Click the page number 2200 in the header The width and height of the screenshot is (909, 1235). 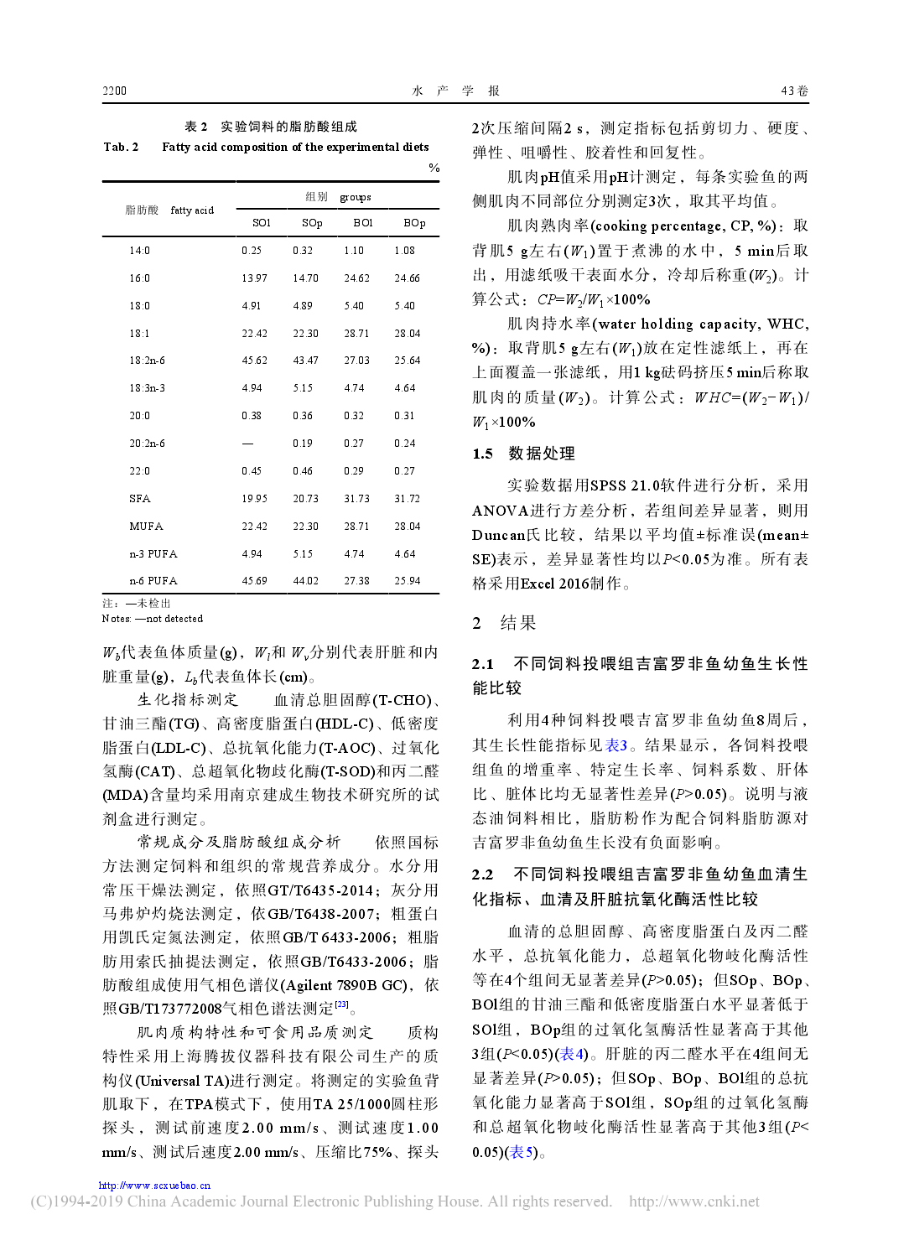pos(115,91)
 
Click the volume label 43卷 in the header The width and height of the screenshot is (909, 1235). pos(794,91)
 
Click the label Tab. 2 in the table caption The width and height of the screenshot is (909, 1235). pos(121,147)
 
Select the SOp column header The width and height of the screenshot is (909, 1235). pos(312,223)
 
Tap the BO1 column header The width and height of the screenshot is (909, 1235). pos(363,223)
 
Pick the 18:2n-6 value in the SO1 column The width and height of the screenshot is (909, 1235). pos(254,361)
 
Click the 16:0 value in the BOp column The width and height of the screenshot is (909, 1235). pos(407,278)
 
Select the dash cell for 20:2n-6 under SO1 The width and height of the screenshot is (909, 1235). pos(247,444)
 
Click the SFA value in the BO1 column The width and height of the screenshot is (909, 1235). pos(356,499)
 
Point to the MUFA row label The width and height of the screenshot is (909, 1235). pos(146,527)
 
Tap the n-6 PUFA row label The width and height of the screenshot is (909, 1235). pos(153,581)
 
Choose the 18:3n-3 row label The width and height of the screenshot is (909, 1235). pos(147,388)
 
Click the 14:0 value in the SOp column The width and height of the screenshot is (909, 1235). pos(303,251)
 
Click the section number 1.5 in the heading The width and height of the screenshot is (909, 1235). pos(482,454)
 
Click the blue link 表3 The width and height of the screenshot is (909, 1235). pos(616,745)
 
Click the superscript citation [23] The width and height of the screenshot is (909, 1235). pos(341,1004)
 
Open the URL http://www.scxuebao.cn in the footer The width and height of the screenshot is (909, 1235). pos(154,1186)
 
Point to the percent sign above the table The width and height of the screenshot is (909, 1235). pos(434,168)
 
